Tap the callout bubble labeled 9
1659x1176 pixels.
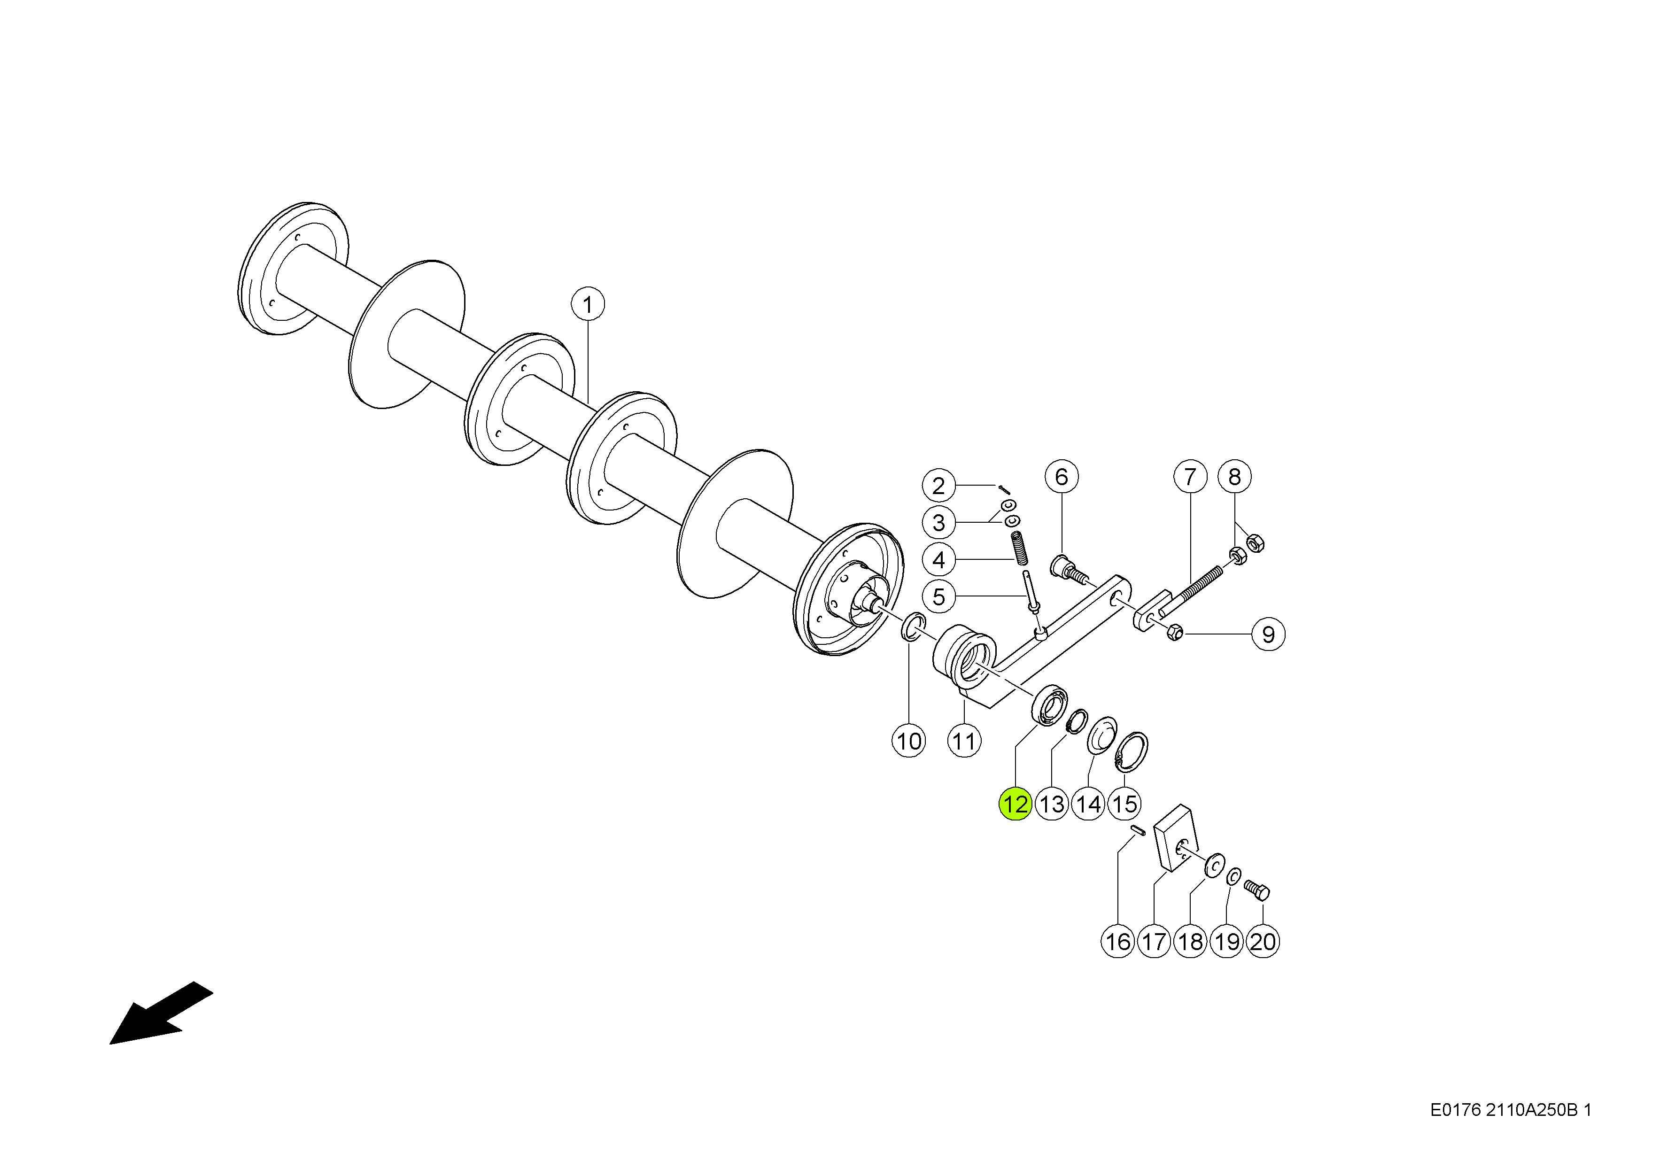tap(1268, 634)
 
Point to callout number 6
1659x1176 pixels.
tap(1062, 477)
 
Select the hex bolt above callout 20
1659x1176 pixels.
tap(1257, 889)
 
